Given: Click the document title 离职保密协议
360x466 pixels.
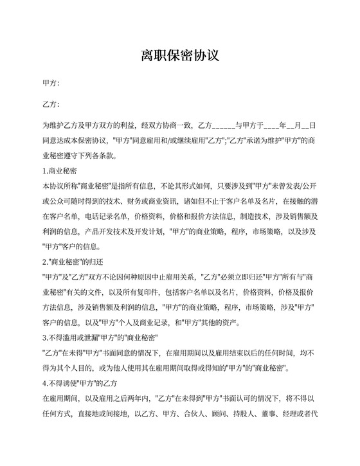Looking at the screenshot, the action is pyautogui.click(x=180, y=56).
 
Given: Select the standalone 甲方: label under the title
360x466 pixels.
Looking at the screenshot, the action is pyautogui.click(x=51, y=84).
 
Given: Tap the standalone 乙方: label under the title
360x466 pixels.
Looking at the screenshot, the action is pyautogui.click(x=51, y=104).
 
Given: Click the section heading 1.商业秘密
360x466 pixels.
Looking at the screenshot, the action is pyautogui.click(x=60, y=171).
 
